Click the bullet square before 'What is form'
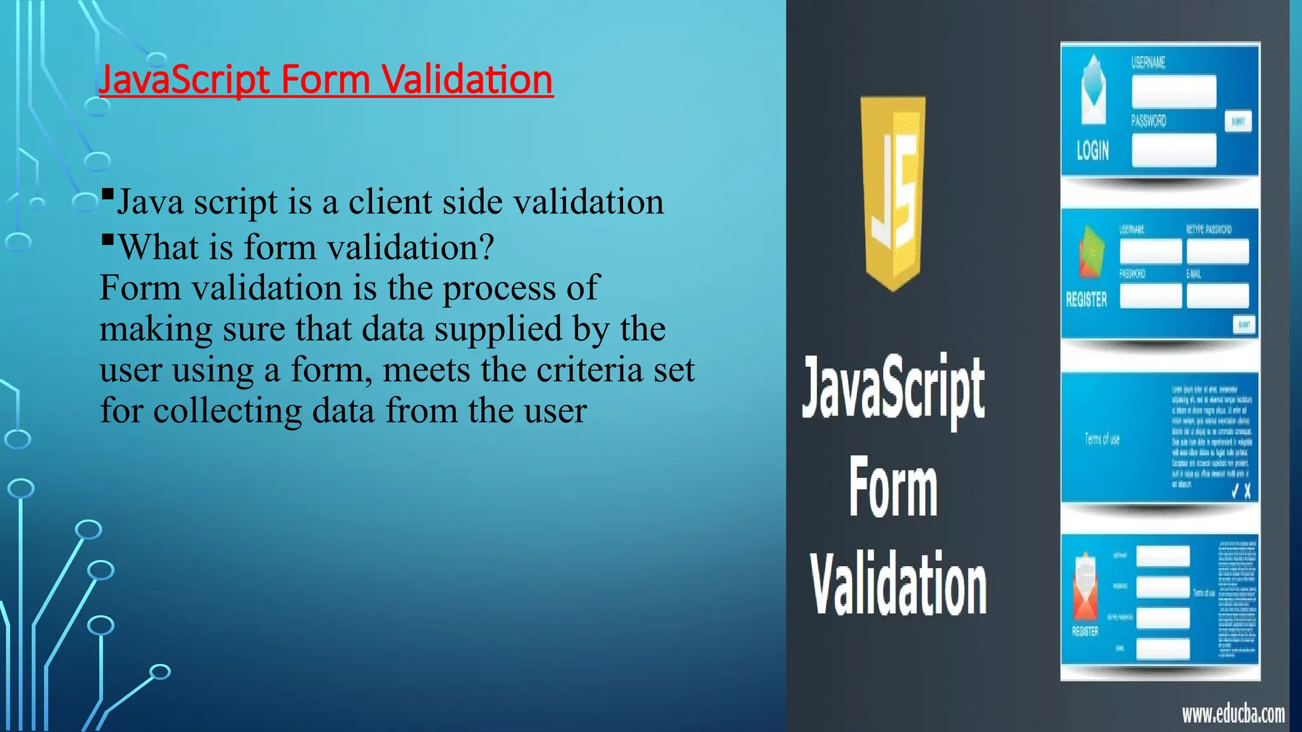(x=107, y=240)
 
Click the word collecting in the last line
(x=228, y=411)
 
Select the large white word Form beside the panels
(x=893, y=488)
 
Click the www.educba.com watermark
(x=1233, y=714)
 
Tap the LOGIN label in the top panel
(x=1092, y=151)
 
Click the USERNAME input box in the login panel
(x=1174, y=91)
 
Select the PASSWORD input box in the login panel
(x=1174, y=151)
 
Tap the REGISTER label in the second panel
(x=1086, y=299)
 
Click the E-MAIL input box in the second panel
(x=1217, y=295)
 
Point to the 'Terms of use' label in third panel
(x=1102, y=439)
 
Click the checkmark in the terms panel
(x=1235, y=491)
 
